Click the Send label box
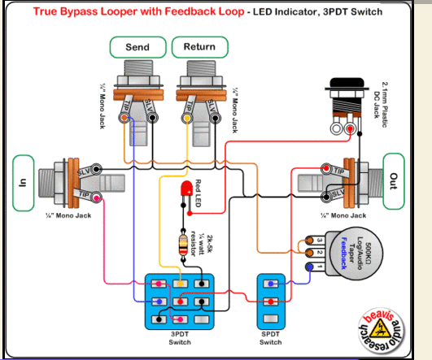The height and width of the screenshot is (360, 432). [x=137, y=47]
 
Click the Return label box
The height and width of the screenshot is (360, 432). [x=199, y=47]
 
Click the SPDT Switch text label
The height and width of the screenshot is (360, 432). [x=271, y=340]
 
